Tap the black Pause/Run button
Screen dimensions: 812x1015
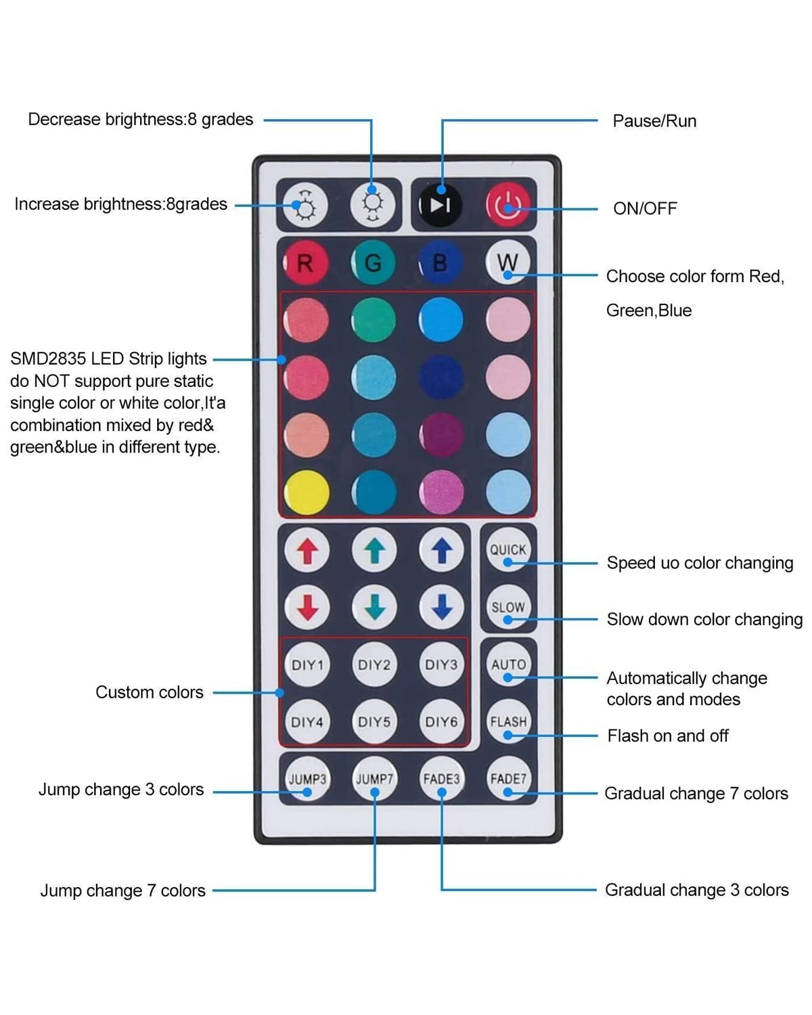click(x=440, y=205)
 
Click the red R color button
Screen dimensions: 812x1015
click(x=306, y=263)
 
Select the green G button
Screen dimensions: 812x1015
click(x=374, y=263)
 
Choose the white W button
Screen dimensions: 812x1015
click(x=507, y=263)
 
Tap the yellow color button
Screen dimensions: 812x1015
click(x=307, y=493)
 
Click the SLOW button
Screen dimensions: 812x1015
click(x=508, y=607)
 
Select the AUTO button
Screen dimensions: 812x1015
click(x=508, y=664)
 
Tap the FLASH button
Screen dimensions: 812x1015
click(x=508, y=721)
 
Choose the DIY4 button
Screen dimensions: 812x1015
click(x=307, y=721)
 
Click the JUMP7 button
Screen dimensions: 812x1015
click(x=374, y=779)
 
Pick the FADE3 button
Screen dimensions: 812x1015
click(x=441, y=779)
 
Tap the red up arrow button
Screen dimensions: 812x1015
click(x=307, y=550)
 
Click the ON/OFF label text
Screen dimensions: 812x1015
click(x=645, y=208)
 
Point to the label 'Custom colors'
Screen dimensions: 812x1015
click(x=149, y=692)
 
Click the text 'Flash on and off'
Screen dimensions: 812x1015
click(x=668, y=736)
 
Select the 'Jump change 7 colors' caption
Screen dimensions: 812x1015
click(x=122, y=890)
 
